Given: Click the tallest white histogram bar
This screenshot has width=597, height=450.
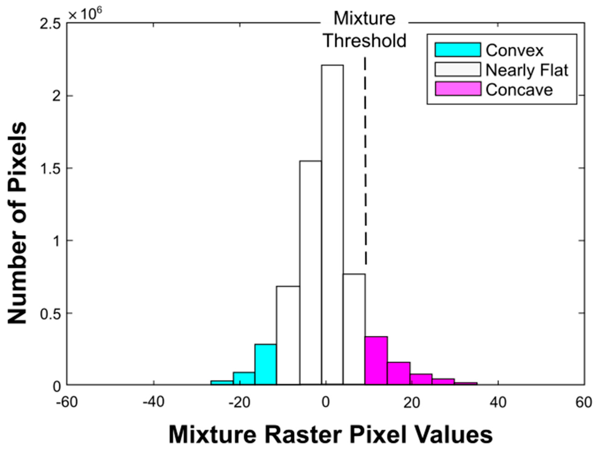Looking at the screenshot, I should point(332,224).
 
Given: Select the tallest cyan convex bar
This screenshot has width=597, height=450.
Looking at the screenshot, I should point(265,364).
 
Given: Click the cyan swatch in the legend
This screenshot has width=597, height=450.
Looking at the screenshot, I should point(458,50).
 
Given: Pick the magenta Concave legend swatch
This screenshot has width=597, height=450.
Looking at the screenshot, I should point(458,89).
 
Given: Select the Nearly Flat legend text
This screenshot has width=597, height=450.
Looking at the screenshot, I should point(527,70).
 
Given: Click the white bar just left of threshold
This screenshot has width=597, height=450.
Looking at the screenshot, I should point(354,329).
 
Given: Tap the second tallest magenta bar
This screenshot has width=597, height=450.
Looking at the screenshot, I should point(399,373).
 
